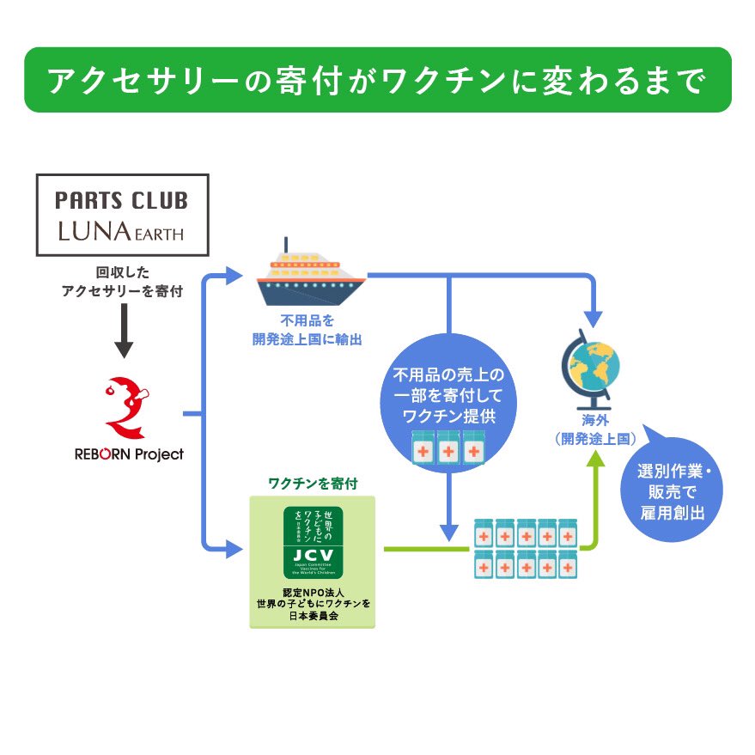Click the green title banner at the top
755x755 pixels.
(377, 80)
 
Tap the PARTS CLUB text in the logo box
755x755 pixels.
(122, 201)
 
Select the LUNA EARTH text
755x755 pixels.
(122, 232)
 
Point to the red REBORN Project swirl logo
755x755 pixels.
(125, 406)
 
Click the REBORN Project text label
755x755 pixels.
(129, 454)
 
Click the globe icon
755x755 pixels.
(590, 369)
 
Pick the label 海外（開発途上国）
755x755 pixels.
(594, 429)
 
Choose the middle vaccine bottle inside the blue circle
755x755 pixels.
(448, 451)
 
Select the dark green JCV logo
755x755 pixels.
(314, 541)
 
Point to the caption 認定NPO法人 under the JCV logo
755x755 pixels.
(313, 593)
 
